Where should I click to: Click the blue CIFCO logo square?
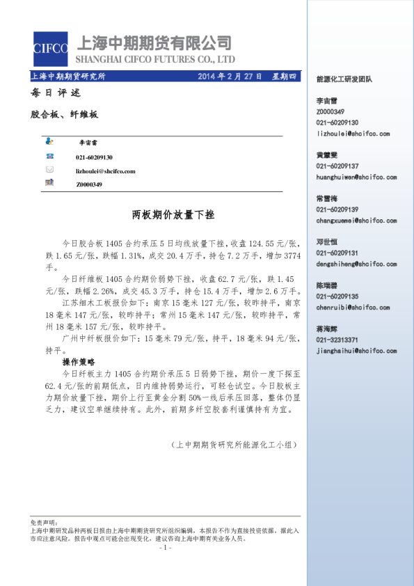pyautogui.click(x=51, y=48)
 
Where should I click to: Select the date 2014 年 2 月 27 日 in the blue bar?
pyautogui.click(x=230, y=77)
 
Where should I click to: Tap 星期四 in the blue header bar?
pyautogui.click(x=283, y=77)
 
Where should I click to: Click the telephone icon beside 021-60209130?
pyautogui.click(x=49, y=157)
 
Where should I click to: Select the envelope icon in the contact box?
pyautogui.click(x=49, y=170)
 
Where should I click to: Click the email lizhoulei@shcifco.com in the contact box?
pyautogui.click(x=106, y=171)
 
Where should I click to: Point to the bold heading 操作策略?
pyautogui.click(x=78, y=363)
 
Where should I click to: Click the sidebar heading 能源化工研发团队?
pyautogui.click(x=344, y=79)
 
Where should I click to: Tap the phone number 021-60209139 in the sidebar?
pyautogui.click(x=337, y=209)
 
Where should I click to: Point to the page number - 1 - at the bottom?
pyautogui.click(x=165, y=548)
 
